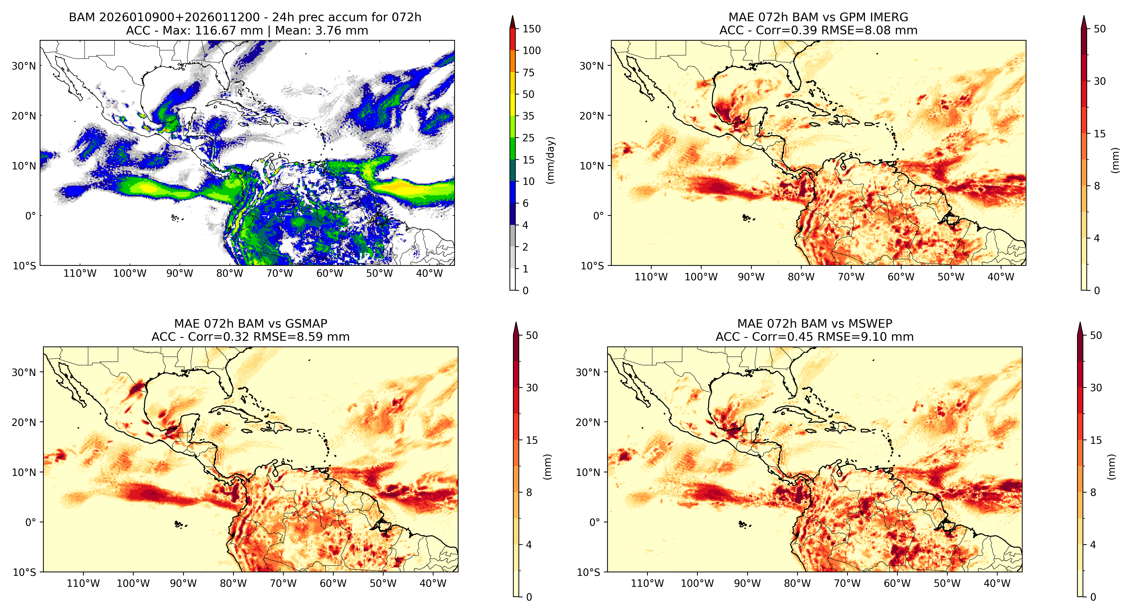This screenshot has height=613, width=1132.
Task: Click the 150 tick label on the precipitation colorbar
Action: point(531,29)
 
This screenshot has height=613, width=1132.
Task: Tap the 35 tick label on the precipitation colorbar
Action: point(528,116)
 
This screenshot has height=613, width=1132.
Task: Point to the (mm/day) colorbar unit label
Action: point(550,160)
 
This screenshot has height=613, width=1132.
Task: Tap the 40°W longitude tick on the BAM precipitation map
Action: point(429,273)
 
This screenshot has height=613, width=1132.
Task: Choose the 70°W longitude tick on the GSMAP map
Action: point(283,583)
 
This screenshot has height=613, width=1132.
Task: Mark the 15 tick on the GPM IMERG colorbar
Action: point(1099,134)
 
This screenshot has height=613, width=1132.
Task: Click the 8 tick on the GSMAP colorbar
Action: point(529,493)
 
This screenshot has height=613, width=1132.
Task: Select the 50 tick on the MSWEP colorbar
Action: point(1096,336)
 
